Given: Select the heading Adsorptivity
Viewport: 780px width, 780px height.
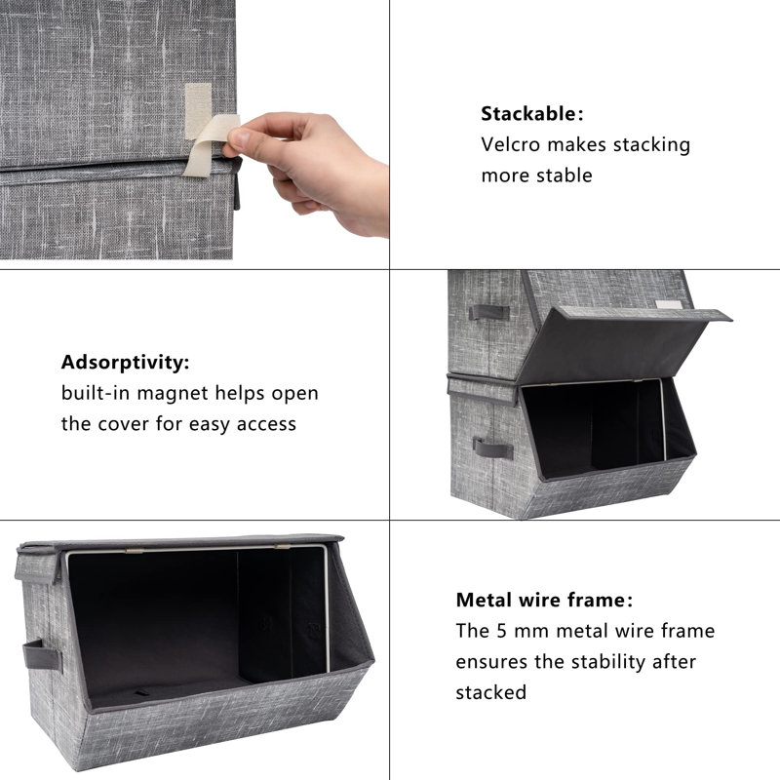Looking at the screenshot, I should click(124, 363).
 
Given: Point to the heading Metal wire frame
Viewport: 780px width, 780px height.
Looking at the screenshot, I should click(542, 600).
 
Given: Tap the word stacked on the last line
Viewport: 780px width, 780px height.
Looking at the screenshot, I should click(491, 693).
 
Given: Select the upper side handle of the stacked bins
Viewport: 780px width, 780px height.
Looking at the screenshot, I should click(488, 313).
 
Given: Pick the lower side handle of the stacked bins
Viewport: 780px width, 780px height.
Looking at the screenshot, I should click(493, 448).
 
